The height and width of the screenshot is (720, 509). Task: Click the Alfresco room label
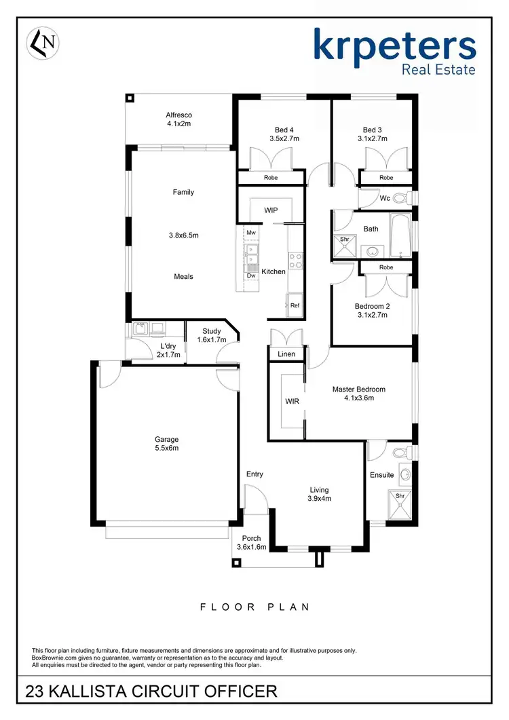[179, 119]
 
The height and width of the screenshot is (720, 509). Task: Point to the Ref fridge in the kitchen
[295, 305]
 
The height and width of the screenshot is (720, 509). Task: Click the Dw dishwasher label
[251, 276]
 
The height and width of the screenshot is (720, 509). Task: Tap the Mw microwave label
[250, 233]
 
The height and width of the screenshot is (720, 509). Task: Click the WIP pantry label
[271, 210]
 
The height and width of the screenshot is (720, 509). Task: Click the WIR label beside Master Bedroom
[292, 402]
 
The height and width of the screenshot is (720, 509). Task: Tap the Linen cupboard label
[286, 354]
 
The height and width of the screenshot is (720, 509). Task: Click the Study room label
[211, 331]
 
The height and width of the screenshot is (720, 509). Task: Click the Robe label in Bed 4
[270, 178]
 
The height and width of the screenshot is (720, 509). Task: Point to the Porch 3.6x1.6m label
[251, 543]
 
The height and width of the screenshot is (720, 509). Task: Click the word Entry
[254, 474]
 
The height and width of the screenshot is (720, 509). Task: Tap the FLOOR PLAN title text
[254, 607]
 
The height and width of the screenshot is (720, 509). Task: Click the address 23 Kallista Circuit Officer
[151, 691]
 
